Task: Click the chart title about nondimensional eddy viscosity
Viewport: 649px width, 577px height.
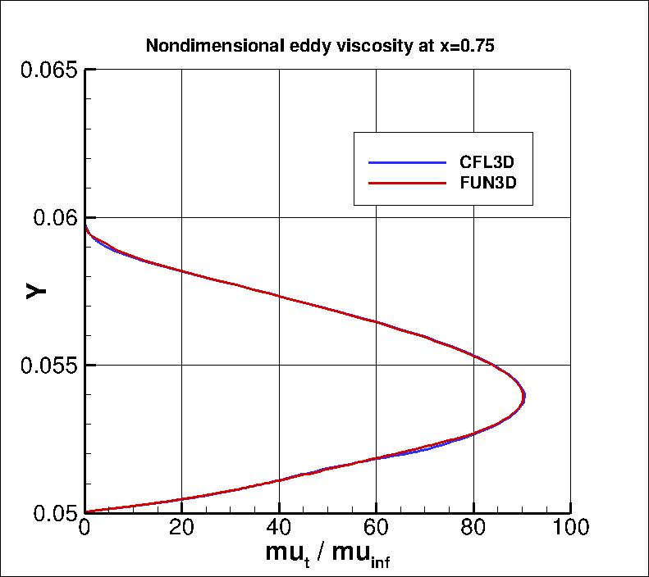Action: click(320, 46)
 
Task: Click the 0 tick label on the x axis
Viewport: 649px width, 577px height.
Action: click(85, 529)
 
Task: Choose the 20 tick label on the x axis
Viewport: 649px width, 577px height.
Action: click(182, 529)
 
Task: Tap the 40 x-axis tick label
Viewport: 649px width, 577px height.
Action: click(279, 529)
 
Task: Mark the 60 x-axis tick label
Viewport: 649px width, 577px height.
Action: click(376, 529)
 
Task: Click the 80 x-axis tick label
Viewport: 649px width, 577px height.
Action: click(473, 529)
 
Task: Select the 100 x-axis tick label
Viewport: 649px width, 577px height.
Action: click(569, 529)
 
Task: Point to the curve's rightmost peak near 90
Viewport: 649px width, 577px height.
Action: click(523, 397)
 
